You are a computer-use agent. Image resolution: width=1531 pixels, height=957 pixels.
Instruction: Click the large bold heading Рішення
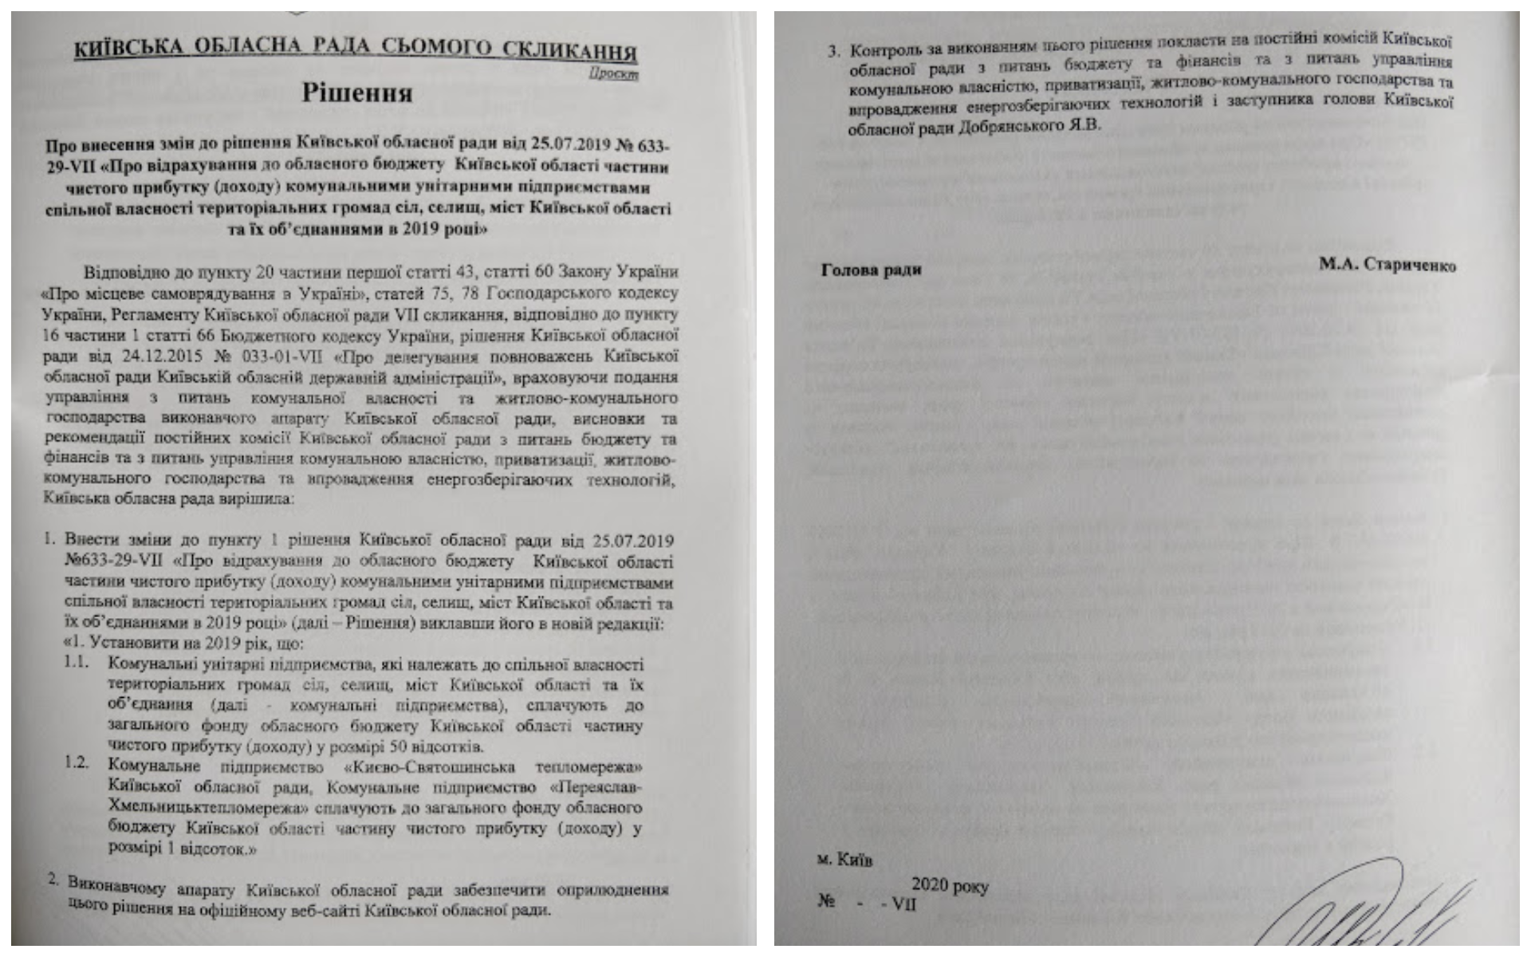(x=356, y=93)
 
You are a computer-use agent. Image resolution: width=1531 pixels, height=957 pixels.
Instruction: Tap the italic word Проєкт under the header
(x=614, y=73)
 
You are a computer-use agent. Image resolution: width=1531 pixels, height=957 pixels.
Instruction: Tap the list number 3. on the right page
(x=834, y=51)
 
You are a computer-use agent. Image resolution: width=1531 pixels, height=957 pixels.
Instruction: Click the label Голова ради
(x=871, y=270)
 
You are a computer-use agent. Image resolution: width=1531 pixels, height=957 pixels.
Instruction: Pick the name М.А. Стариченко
(x=1387, y=266)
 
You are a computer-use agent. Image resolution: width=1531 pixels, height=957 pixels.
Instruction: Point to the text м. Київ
(x=844, y=861)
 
